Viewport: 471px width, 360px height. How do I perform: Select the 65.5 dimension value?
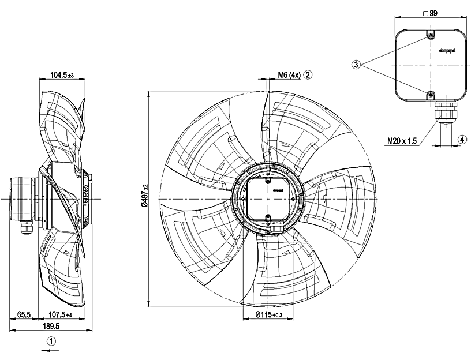tap(24, 315)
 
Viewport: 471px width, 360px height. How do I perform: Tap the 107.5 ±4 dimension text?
tap(59, 315)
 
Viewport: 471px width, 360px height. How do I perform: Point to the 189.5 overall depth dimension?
tap(51, 326)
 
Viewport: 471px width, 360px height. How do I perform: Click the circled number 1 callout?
tap(52, 341)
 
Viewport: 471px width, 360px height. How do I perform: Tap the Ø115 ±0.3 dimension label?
tap(268, 315)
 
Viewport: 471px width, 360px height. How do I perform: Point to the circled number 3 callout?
tap(357, 65)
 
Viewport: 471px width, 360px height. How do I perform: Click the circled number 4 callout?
tap(462, 139)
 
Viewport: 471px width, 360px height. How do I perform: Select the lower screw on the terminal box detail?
tap(431, 94)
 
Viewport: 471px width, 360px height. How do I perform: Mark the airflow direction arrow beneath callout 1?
tap(52, 349)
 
